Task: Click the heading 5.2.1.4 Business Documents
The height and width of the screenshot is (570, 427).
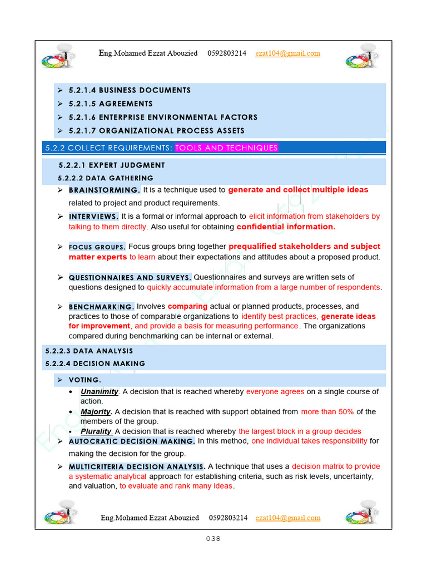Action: pyautogui.click(x=130, y=90)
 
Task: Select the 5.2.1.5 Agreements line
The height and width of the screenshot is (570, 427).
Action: pyautogui.click(x=111, y=104)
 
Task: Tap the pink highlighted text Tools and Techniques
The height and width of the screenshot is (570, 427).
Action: pyautogui.click(x=226, y=148)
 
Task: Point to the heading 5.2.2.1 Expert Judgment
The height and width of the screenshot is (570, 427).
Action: pyautogui.click(x=112, y=165)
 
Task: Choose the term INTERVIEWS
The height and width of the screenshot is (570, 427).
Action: pyautogui.click(x=93, y=217)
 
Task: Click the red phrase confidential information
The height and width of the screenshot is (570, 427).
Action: pyautogui.click(x=286, y=227)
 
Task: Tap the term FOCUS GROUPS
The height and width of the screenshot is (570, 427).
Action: pyautogui.click(x=97, y=247)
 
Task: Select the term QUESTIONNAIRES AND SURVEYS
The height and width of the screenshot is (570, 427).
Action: pyautogui.click(x=130, y=277)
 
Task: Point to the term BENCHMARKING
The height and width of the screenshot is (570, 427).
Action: pyautogui.click(x=101, y=307)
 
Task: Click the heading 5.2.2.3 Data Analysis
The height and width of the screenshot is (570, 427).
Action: pyautogui.click(x=89, y=351)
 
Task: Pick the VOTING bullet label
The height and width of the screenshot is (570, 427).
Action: pyautogui.click(x=85, y=380)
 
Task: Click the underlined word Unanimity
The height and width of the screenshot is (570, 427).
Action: pyautogui.click(x=100, y=392)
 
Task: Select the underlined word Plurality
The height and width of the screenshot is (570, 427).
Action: pyautogui.click(x=96, y=431)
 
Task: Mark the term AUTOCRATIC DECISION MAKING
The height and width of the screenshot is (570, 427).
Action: pyautogui.click(x=132, y=441)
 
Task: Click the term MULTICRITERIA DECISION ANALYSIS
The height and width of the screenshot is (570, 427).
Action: pyautogui.click(x=137, y=466)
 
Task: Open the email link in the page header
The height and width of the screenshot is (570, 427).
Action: pyautogui.click(x=287, y=53)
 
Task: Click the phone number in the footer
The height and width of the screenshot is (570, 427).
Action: pyautogui.click(x=228, y=518)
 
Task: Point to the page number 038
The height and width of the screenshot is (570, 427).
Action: pyautogui.click(x=213, y=538)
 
